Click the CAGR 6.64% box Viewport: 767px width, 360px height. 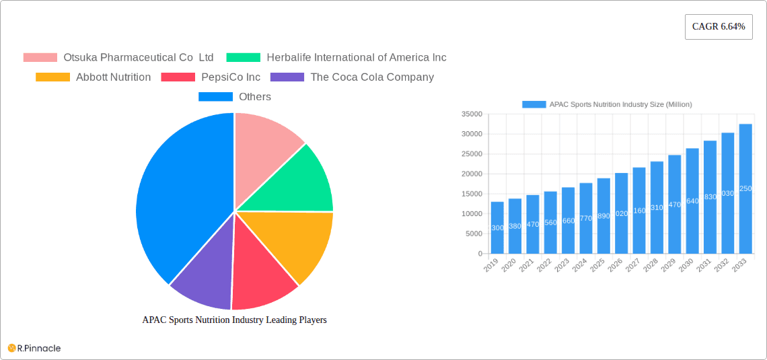[718, 27]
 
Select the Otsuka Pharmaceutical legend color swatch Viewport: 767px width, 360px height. [40, 58]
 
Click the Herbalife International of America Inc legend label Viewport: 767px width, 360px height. [356, 58]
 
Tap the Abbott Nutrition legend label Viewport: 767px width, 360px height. [113, 77]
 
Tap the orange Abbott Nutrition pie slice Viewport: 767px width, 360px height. [296, 242]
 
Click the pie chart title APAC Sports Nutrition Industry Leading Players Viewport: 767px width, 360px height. [234, 320]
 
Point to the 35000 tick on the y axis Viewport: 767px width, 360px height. [472, 114]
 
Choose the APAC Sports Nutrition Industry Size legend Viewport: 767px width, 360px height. [608, 104]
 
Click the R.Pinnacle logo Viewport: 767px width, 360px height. [34, 348]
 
